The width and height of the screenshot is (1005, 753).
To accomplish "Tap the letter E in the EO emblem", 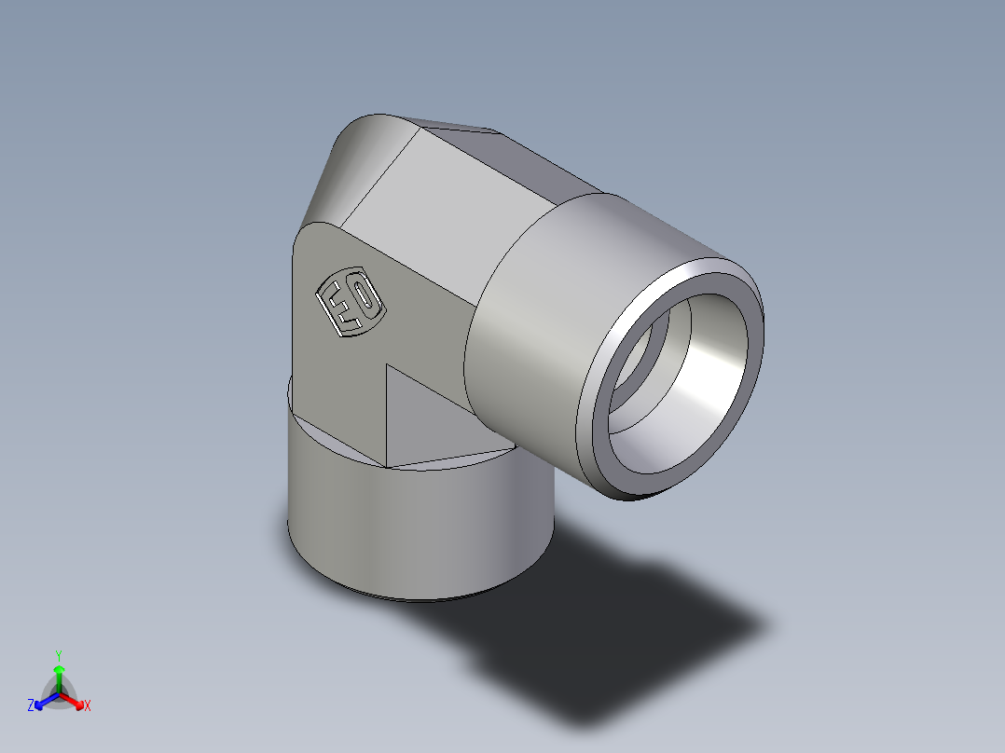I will [x=337, y=308].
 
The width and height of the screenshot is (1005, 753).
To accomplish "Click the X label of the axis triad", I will [x=88, y=706].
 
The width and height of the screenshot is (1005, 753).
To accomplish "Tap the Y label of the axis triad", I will [x=58, y=654].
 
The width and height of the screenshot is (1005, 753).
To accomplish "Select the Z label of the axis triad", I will [x=31, y=706].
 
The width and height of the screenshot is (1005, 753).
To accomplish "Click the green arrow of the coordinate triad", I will [x=59, y=676].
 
